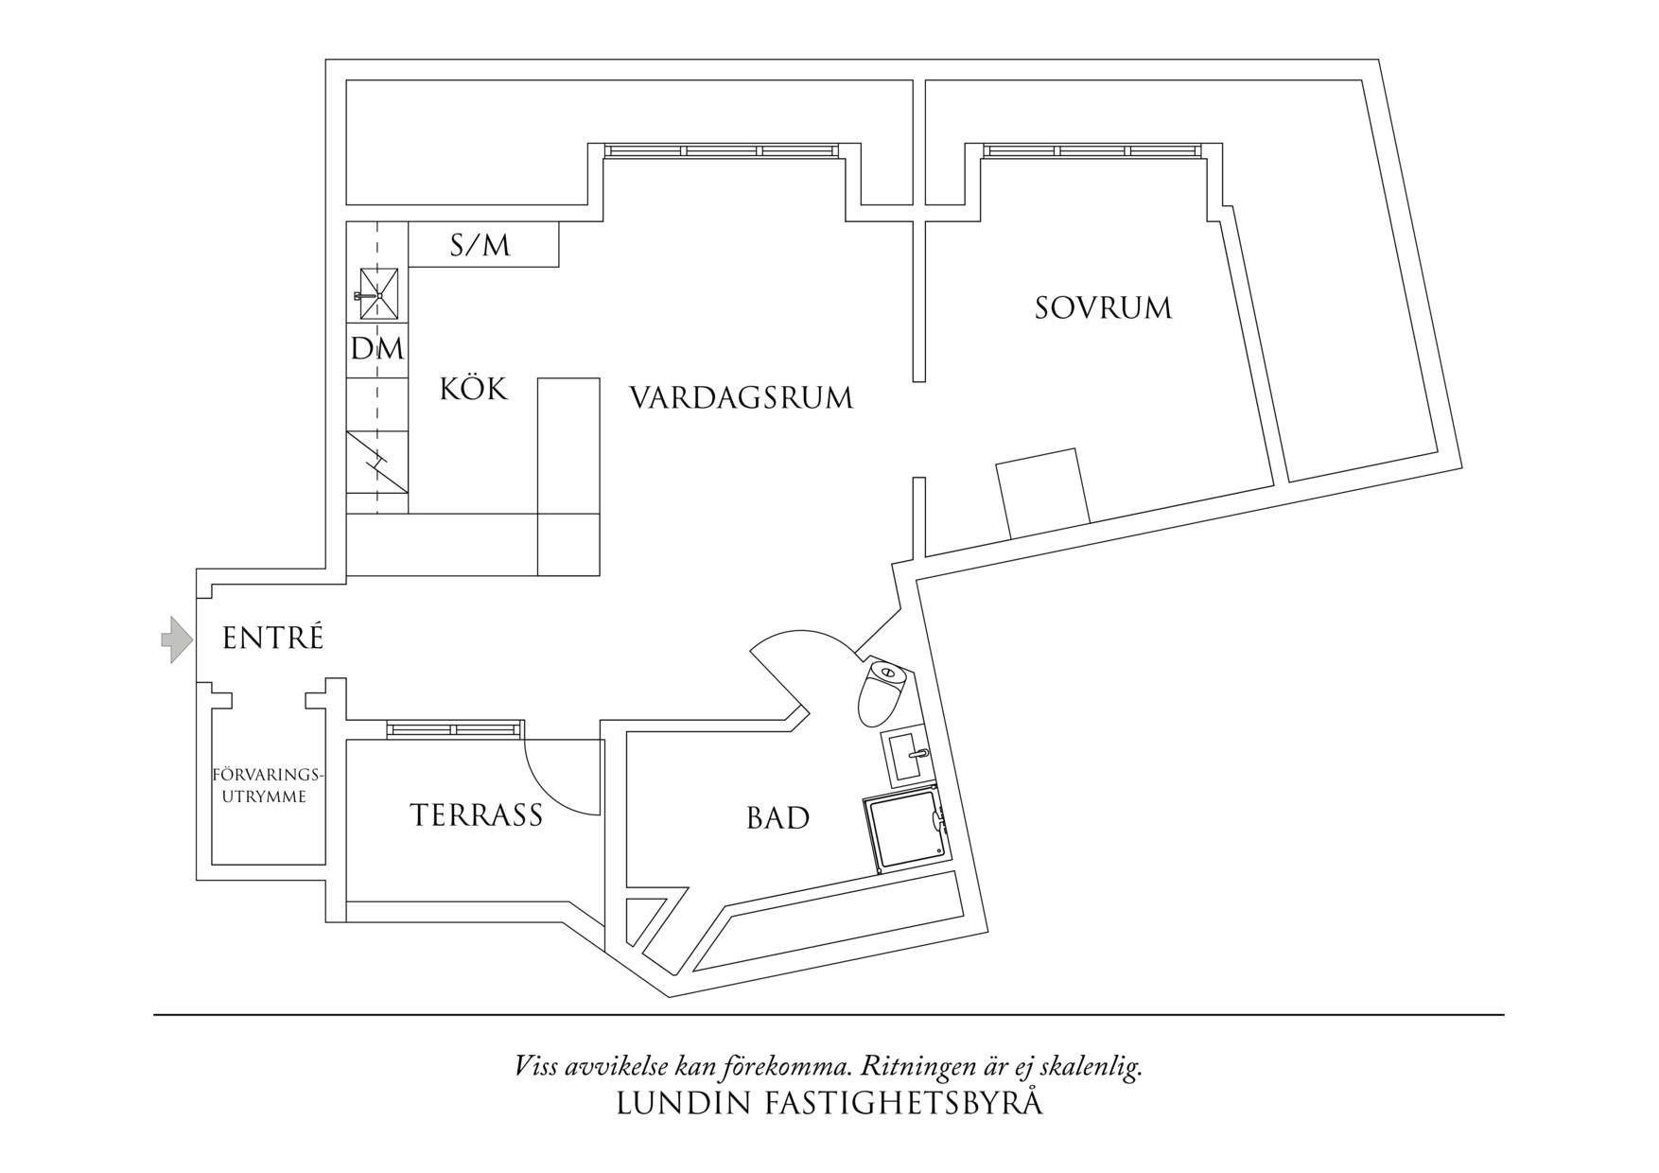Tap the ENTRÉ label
[x=272, y=639]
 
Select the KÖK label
[x=473, y=389]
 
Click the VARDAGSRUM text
[x=741, y=397]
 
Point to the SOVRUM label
[x=1103, y=308]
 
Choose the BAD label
[x=777, y=818]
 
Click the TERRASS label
[x=476, y=815]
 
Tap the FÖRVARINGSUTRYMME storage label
[x=267, y=786]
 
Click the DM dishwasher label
[x=376, y=349]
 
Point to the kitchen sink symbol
[x=377, y=294]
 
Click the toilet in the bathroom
[x=882, y=692]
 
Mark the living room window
[x=722, y=150]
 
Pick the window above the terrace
[x=454, y=728]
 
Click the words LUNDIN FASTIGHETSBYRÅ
[x=829, y=1104]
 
